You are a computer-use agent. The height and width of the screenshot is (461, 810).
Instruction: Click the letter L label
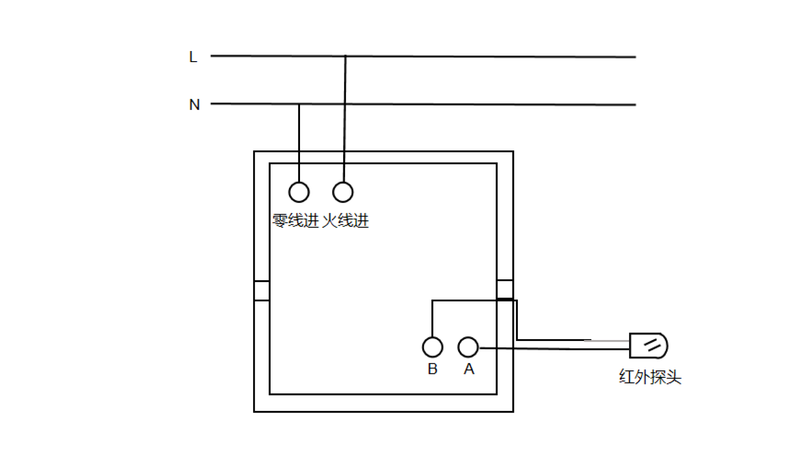coord(193,57)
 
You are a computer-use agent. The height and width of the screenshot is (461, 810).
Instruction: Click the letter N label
coord(194,105)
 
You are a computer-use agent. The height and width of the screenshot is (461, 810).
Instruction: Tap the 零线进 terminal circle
coord(299,192)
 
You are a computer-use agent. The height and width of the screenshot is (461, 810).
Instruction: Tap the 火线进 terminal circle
coord(343,192)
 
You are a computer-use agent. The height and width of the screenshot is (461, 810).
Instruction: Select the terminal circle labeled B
coord(432,347)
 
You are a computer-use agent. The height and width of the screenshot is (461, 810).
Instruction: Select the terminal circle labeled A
coord(468,347)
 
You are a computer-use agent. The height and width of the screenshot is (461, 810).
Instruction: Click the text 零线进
coord(296,221)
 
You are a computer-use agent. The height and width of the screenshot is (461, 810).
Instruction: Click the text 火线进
coord(345,221)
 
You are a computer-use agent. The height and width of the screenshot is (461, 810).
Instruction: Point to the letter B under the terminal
coord(432,369)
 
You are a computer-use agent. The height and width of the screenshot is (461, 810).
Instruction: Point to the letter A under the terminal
coord(469,369)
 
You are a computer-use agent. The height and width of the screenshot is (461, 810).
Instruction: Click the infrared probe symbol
coord(648,345)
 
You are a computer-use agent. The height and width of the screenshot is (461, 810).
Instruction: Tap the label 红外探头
coord(650,377)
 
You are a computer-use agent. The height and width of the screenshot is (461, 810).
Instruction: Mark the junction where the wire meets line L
coord(345,56)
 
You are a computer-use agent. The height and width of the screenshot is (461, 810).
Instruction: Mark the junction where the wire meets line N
coord(299,104)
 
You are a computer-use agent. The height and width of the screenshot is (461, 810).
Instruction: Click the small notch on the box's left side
coord(262,291)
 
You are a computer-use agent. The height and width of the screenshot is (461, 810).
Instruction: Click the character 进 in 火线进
coord(361,221)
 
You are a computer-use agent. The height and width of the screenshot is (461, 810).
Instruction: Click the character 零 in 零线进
coord(280,221)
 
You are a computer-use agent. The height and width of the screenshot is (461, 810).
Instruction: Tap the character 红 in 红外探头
coord(627,377)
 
